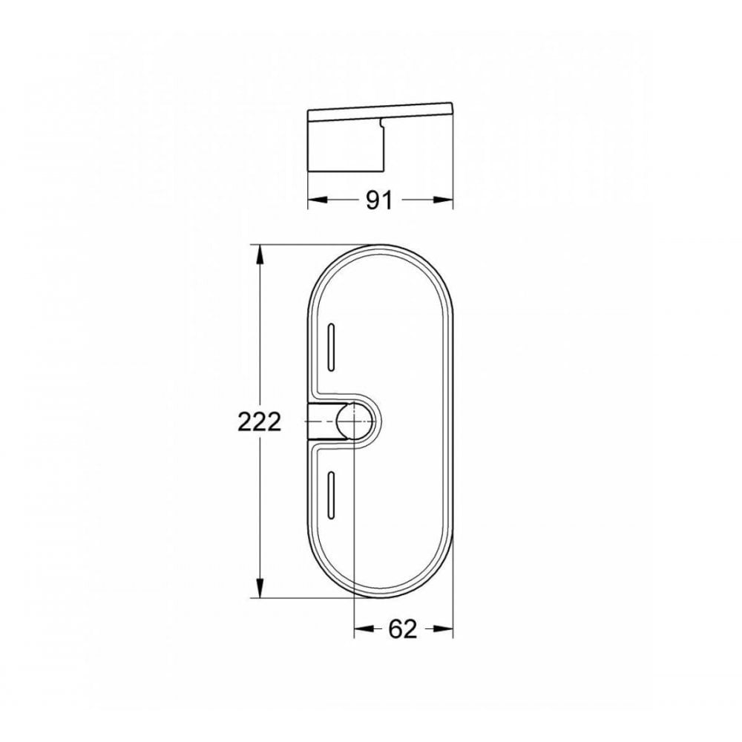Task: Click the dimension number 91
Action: (378, 201)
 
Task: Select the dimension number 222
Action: (260, 422)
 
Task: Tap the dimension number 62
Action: (402, 629)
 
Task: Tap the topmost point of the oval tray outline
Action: (379, 244)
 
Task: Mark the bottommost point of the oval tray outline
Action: (379, 598)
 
